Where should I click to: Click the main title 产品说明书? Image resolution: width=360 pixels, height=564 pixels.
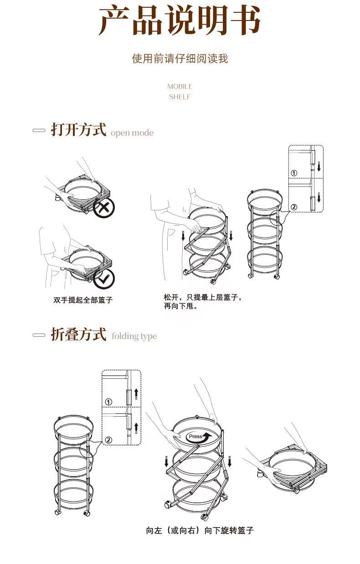point(180,21)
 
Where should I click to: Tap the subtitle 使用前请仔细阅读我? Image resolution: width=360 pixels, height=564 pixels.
point(180,59)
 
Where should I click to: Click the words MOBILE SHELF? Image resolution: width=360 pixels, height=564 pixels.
point(180,92)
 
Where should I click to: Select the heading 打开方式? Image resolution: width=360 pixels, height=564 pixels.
point(78,129)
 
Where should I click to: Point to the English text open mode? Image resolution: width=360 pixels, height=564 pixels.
point(132,133)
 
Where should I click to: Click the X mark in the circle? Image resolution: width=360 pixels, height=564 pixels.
point(104,208)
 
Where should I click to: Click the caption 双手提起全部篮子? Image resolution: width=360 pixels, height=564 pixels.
point(83,300)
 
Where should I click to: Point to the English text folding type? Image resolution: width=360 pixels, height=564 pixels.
point(134,336)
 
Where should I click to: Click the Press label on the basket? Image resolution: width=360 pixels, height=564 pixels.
point(195,436)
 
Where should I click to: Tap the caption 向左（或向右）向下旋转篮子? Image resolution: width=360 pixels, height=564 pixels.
point(200,530)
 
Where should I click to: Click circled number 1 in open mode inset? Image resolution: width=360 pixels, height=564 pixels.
point(294,173)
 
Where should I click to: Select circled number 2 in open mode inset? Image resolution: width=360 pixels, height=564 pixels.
point(294,207)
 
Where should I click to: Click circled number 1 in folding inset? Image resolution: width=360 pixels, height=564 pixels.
point(108,402)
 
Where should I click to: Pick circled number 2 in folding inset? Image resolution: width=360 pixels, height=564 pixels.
point(108,440)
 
